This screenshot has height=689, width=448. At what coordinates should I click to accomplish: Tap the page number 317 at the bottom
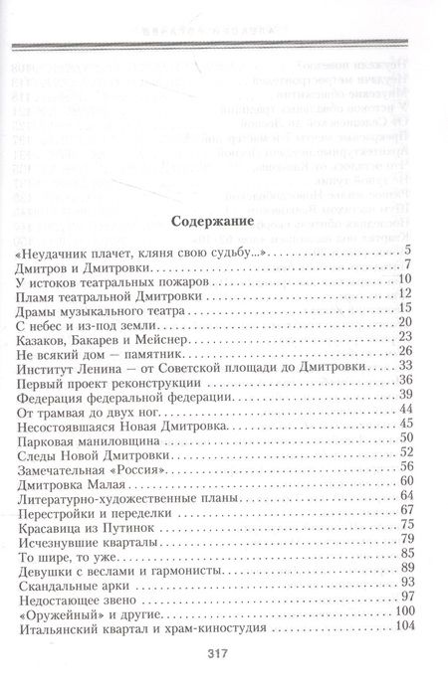(x=221, y=653)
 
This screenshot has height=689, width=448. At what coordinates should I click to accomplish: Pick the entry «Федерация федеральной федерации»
(x=123, y=422)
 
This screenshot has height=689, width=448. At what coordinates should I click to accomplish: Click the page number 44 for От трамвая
(x=404, y=436)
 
